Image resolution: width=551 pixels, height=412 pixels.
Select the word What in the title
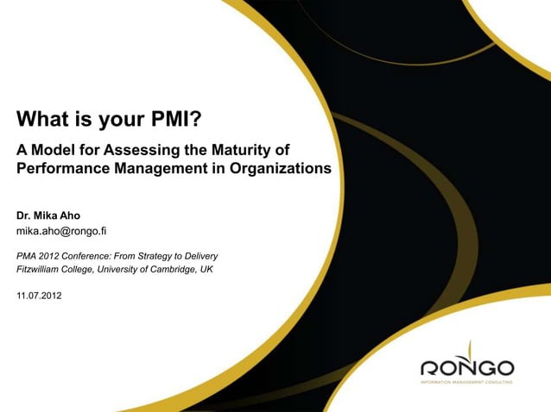coord(40,117)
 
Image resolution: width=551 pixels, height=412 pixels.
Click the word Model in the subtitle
coord(54,150)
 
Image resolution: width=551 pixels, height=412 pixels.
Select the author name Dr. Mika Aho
coord(48,215)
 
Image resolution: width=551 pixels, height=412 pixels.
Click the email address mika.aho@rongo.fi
coord(61,231)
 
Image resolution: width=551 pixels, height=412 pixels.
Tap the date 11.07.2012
coord(39,296)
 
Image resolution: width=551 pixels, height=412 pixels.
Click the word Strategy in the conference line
coord(162,256)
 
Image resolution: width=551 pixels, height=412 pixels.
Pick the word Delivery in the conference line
coord(199,256)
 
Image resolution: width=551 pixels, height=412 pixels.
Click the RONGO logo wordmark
coord(466,367)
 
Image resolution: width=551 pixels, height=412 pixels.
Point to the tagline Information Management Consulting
coord(466,381)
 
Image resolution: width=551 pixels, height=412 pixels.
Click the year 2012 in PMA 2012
coord(54,256)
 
